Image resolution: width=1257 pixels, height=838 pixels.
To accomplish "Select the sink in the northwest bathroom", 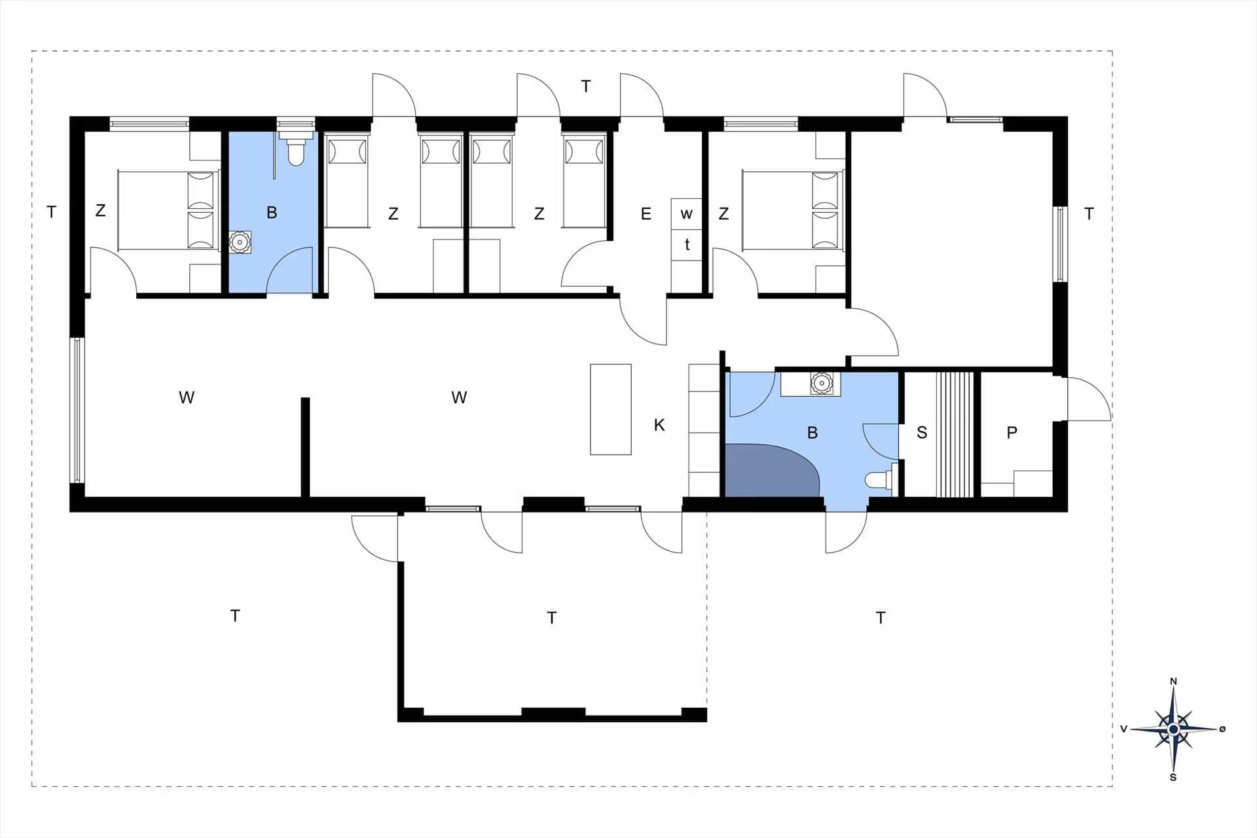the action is tap(240, 242).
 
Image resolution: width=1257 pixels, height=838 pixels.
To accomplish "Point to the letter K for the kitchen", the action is tap(659, 425).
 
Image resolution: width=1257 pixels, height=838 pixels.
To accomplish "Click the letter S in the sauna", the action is tap(922, 432).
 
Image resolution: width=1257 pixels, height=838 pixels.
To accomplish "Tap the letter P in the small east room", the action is tap(1012, 432).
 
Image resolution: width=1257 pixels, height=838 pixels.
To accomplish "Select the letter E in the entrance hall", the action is tap(646, 213).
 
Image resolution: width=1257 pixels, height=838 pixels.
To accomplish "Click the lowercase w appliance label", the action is tap(686, 214).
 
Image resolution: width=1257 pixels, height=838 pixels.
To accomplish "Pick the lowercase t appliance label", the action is tap(687, 244).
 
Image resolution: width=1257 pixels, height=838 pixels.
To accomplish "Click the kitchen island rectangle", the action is tap(611, 409).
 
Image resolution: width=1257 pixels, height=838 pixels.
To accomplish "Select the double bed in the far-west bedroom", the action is tap(167, 210).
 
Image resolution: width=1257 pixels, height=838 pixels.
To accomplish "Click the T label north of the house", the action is tap(586, 86).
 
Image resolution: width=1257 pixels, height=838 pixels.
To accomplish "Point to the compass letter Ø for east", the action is tap(1222, 729).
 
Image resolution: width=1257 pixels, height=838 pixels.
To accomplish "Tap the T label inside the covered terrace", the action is tap(552, 617).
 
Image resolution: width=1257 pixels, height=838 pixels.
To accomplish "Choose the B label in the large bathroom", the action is tap(812, 432).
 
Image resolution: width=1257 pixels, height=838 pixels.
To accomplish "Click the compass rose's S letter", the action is tap(1173, 777).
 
